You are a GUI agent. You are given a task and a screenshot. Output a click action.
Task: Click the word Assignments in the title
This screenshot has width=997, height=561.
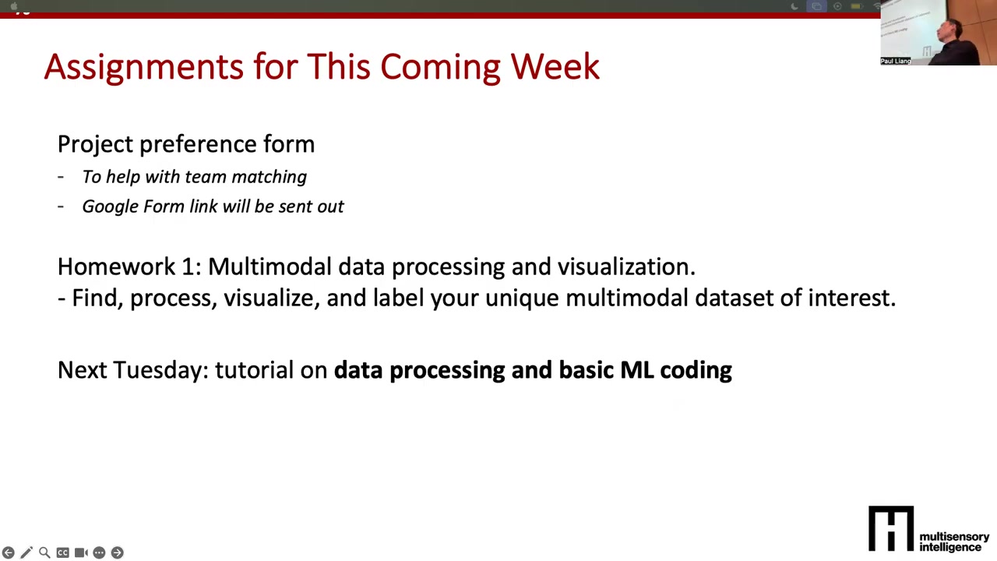[x=144, y=68]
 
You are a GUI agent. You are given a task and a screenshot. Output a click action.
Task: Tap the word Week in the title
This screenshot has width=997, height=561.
[x=555, y=67]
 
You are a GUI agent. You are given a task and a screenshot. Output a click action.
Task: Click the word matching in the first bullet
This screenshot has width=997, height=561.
[x=270, y=177]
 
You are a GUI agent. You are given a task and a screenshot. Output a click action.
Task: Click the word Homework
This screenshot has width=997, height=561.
[x=117, y=266]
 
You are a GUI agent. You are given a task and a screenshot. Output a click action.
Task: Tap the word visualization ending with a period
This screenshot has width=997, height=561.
[x=626, y=266]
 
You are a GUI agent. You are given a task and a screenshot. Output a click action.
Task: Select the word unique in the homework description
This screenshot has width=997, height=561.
[x=522, y=298]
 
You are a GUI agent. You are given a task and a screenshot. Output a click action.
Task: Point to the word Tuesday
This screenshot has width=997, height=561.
[x=160, y=370]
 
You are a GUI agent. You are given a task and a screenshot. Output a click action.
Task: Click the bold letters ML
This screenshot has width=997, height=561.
[x=637, y=370]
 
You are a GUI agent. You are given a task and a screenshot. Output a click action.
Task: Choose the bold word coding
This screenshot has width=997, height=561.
[x=696, y=370]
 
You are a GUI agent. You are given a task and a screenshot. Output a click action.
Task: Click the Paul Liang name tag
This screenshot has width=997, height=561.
[x=896, y=61]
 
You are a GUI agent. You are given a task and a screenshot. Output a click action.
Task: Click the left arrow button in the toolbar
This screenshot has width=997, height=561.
[x=9, y=552]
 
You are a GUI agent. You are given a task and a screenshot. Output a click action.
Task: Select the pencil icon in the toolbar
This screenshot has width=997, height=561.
[x=26, y=552]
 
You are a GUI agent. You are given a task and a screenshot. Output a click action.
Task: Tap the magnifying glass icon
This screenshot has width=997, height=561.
[x=44, y=552]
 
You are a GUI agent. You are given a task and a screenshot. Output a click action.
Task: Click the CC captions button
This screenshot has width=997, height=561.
[x=63, y=552]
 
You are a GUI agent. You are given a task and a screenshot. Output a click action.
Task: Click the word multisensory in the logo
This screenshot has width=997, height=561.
[x=954, y=537]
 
